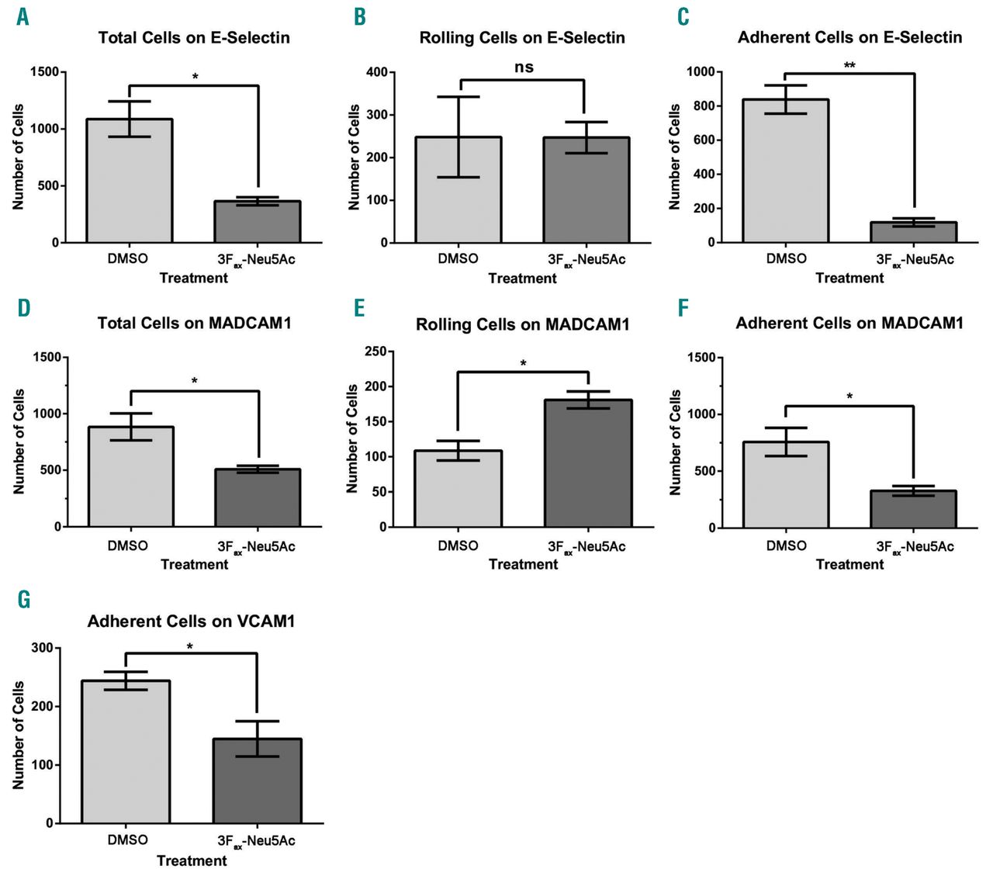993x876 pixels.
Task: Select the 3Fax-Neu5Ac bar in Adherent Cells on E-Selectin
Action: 913,232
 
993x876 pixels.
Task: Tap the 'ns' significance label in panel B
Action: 524,68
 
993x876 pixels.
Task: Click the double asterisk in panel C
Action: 849,65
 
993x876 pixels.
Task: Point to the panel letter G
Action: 24,600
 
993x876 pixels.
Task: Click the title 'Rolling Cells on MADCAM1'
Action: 522,324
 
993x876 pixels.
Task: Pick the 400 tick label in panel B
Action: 376,72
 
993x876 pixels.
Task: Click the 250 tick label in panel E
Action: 376,351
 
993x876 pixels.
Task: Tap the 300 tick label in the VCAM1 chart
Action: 43,648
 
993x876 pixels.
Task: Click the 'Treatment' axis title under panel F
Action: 849,565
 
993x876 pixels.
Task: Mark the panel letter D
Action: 24,308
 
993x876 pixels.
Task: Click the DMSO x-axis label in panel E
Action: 458,545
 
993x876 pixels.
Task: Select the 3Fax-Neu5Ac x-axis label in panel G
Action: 256,841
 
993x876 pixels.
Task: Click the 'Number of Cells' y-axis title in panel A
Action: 19,157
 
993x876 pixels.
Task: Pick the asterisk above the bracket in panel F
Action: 849,396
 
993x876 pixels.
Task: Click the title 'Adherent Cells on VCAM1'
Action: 191,622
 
